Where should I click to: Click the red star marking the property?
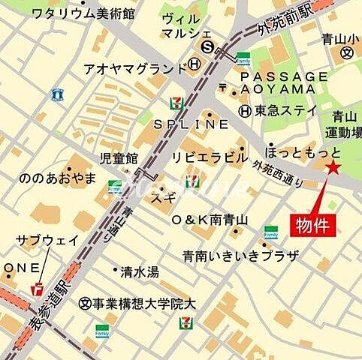click(x=333, y=170)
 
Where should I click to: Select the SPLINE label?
click(x=192, y=122)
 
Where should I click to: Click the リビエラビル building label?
click(x=210, y=157)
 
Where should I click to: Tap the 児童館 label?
click(x=119, y=158)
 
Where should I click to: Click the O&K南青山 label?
click(x=210, y=220)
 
